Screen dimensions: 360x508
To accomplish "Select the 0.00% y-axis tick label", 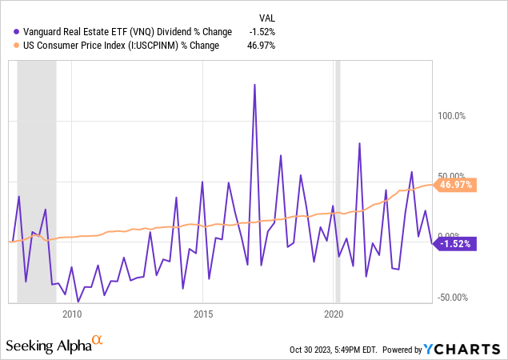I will click(x=450, y=234).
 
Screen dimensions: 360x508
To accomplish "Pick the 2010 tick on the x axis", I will click(x=73, y=314).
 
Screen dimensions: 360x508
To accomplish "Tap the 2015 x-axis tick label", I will click(x=203, y=314).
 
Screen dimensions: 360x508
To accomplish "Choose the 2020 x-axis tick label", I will click(x=334, y=314).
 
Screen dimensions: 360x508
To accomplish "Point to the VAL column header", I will click(x=270, y=18).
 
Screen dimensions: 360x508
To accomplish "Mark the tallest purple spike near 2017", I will click(x=254, y=85).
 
